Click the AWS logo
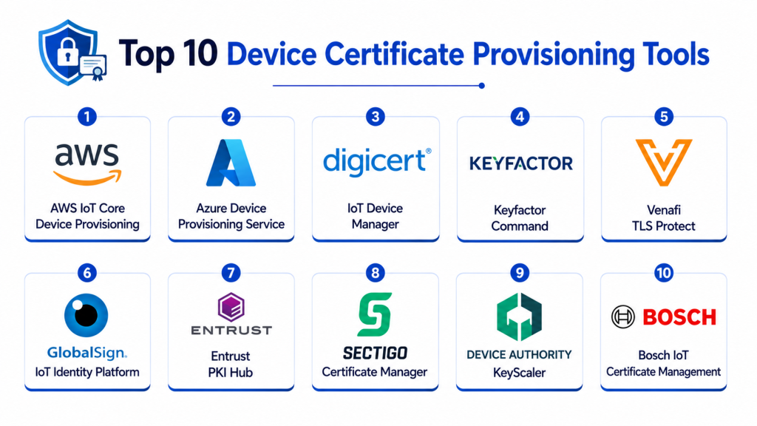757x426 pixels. (87, 163)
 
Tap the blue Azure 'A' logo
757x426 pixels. (231, 163)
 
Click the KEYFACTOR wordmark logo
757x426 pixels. (521, 163)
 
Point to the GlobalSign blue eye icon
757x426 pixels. (86, 315)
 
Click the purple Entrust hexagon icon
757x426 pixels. (231, 307)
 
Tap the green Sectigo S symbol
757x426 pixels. (375, 314)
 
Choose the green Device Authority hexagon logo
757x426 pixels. (519, 317)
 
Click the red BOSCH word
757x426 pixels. (679, 317)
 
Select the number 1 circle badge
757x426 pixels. (87, 116)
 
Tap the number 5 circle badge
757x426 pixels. (664, 116)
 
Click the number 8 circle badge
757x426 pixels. (375, 273)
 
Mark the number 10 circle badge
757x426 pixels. (664, 273)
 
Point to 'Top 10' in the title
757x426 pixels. (168, 53)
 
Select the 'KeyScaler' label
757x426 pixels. (519, 373)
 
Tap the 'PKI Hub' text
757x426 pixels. (231, 373)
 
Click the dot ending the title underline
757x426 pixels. (481, 86)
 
